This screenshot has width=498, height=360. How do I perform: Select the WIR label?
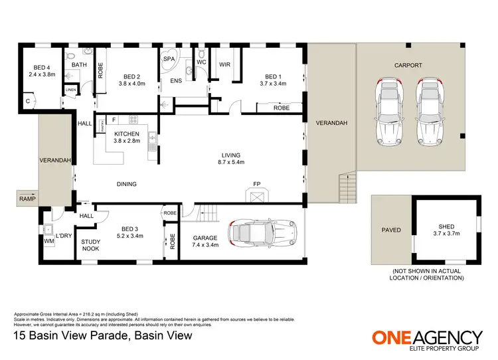224,64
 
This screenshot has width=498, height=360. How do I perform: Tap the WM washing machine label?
48,241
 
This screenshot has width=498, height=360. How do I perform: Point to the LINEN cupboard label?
70,88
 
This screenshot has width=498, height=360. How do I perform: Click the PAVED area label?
391,230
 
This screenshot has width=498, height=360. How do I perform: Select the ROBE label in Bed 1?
281,107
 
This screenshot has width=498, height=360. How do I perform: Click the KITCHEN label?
126,133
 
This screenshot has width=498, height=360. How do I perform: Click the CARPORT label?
408,65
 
